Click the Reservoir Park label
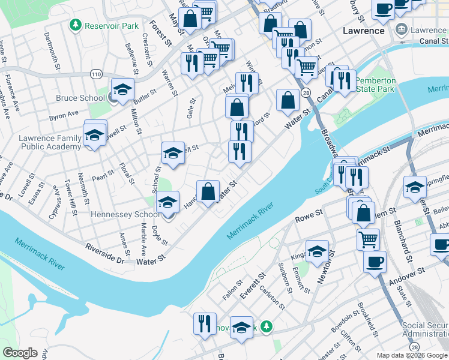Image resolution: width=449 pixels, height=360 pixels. click(x=112, y=26)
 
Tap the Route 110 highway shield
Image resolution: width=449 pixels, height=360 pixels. click(x=96, y=73)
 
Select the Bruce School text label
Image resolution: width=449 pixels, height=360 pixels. click(x=81, y=98)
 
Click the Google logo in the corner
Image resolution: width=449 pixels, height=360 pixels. click(x=20, y=353)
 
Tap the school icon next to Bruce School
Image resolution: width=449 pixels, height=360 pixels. click(x=122, y=90)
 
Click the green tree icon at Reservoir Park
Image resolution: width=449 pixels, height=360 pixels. click(x=76, y=25)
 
